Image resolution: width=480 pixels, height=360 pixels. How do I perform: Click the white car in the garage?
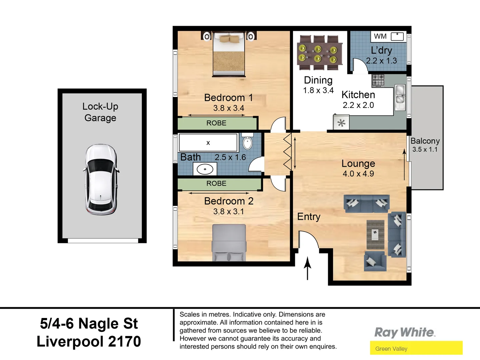[101, 179]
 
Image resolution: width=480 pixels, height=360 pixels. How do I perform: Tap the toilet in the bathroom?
[247, 142]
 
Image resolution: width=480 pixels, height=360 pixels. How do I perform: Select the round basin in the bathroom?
[205, 169]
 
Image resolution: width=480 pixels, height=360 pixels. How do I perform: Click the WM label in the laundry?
[380, 36]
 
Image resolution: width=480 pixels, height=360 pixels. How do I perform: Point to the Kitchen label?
[358, 95]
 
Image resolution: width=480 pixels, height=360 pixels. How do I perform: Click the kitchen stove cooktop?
[378, 80]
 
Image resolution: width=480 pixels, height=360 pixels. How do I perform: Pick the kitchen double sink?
[400, 95]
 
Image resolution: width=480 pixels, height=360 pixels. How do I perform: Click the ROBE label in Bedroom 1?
[216, 123]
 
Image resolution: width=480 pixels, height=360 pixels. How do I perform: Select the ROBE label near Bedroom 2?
[216, 183]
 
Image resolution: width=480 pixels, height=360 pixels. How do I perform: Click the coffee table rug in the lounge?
[375, 234]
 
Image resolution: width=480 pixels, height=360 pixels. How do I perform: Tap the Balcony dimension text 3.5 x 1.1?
[425, 150]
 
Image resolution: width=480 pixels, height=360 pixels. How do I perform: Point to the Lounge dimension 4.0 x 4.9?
[358, 174]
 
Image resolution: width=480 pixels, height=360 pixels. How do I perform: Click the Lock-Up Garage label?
[100, 112]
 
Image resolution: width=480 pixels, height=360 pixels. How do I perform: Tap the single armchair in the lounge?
[375, 261]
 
